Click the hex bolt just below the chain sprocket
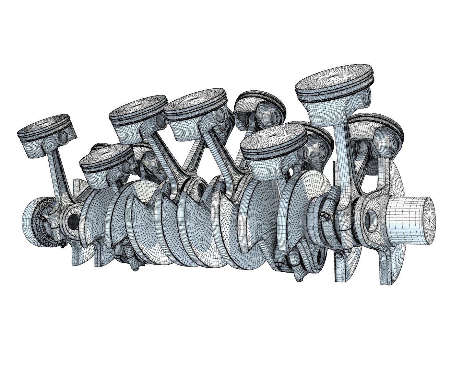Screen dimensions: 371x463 coord(62,245)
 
